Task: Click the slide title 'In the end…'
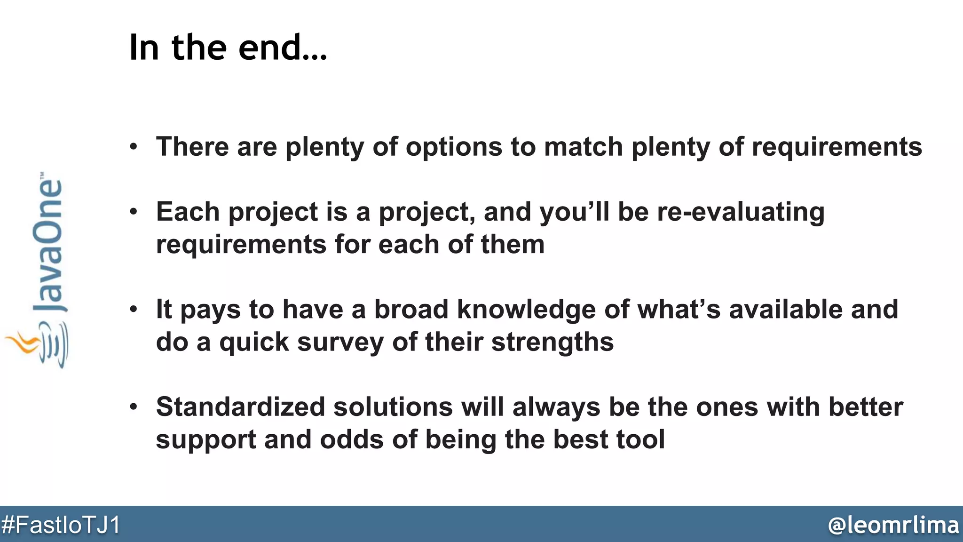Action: tap(228, 48)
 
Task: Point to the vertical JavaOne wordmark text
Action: tap(48, 245)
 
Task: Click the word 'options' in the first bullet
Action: tap(454, 147)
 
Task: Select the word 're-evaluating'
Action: tap(741, 212)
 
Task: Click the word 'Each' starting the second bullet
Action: tap(188, 212)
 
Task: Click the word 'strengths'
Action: tap(553, 343)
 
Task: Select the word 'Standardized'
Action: tap(240, 407)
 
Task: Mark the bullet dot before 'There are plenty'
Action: tap(134, 147)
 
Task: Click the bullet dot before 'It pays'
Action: tap(134, 310)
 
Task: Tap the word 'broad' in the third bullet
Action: tap(411, 310)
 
